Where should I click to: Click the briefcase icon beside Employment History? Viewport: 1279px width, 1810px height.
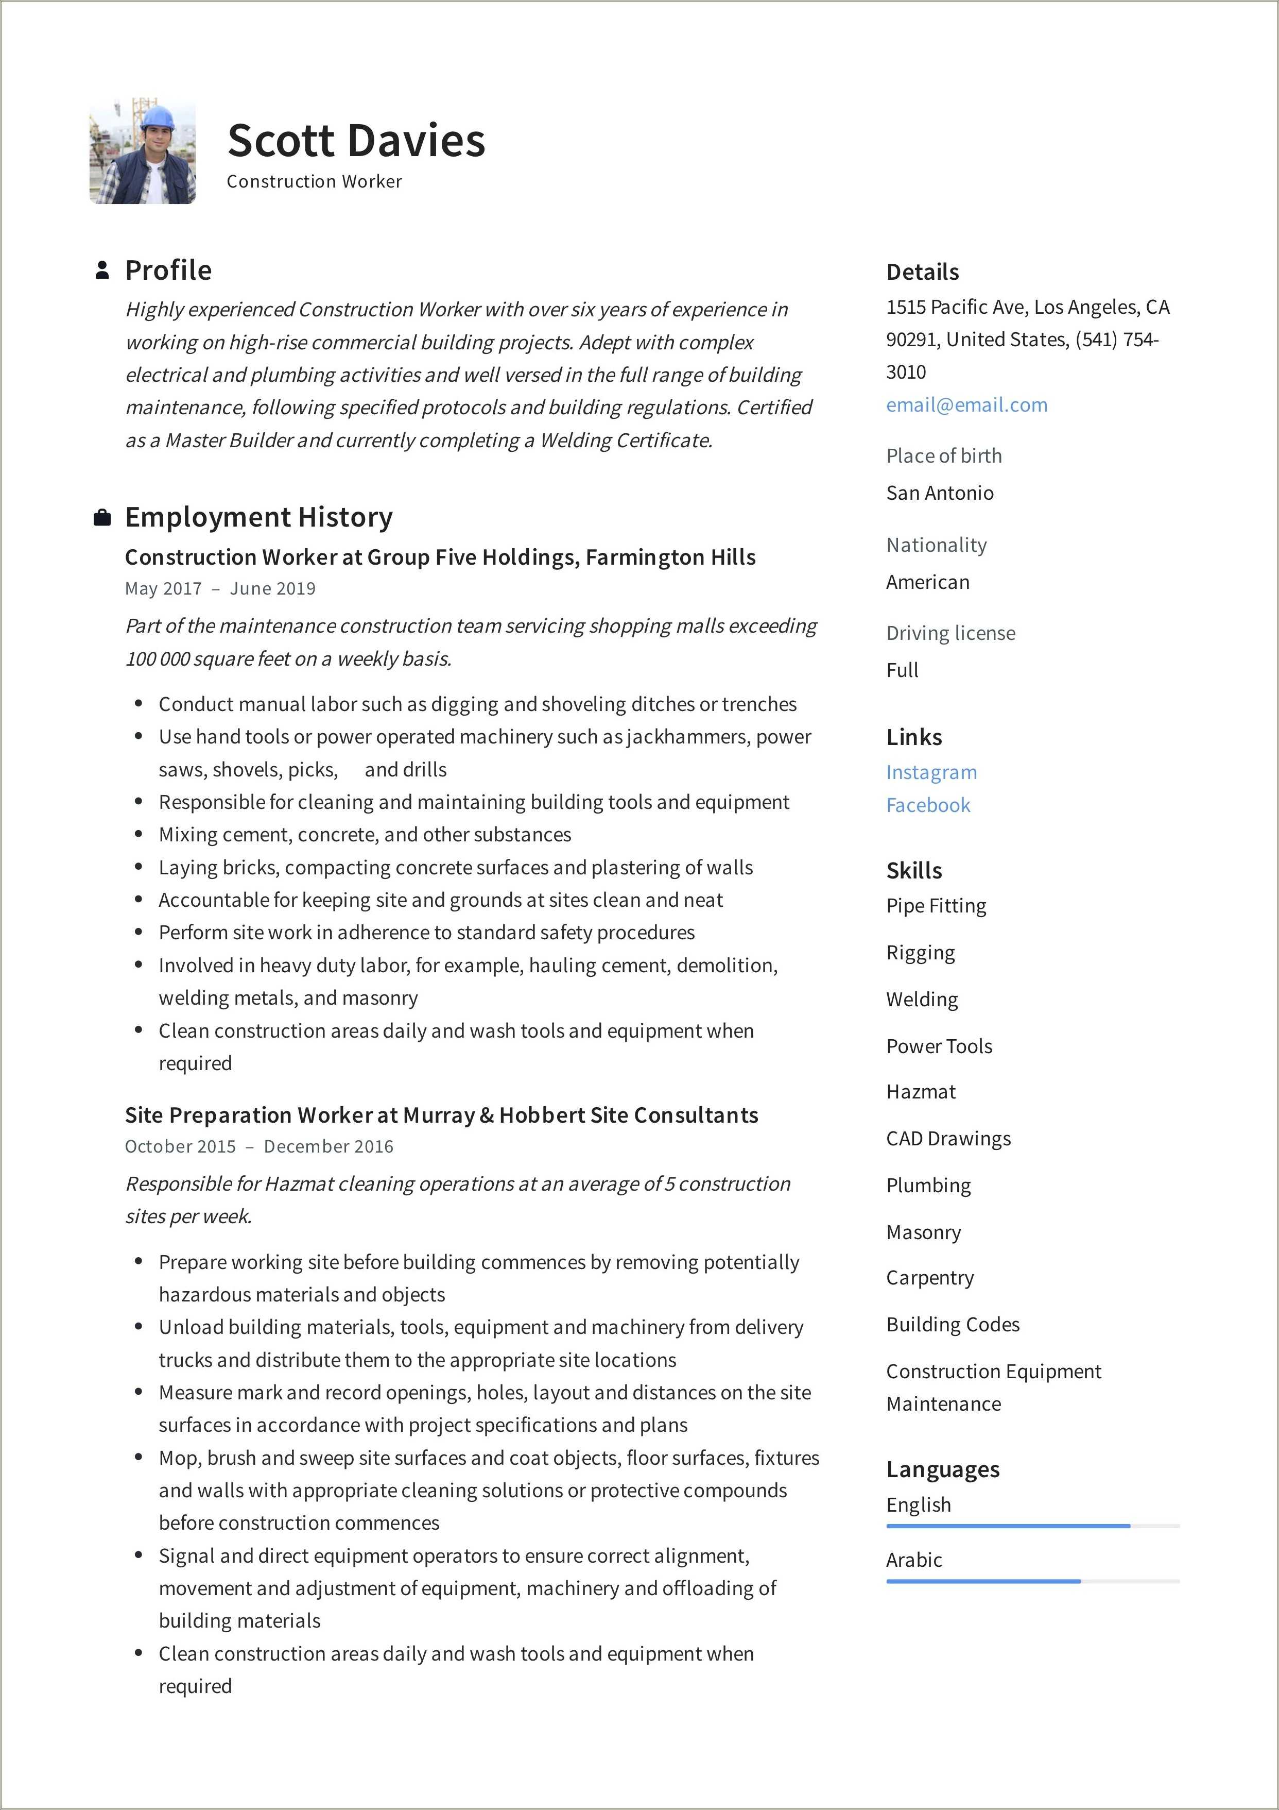pos(101,518)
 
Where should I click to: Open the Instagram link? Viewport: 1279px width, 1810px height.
pos(931,772)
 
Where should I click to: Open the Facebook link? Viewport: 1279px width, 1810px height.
pos(927,806)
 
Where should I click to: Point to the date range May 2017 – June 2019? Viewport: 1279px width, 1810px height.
pos(220,589)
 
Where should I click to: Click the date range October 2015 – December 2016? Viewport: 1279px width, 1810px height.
pos(258,1147)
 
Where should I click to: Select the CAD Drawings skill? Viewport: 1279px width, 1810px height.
pos(948,1139)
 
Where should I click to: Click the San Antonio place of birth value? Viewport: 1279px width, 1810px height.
pos(939,494)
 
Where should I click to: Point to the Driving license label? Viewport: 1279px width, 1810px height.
pos(950,634)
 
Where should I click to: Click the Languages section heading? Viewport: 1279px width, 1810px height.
pos(942,1469)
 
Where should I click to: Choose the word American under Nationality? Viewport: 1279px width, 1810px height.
pos(927,583)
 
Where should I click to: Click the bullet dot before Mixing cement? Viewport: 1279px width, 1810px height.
pos(139,834)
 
